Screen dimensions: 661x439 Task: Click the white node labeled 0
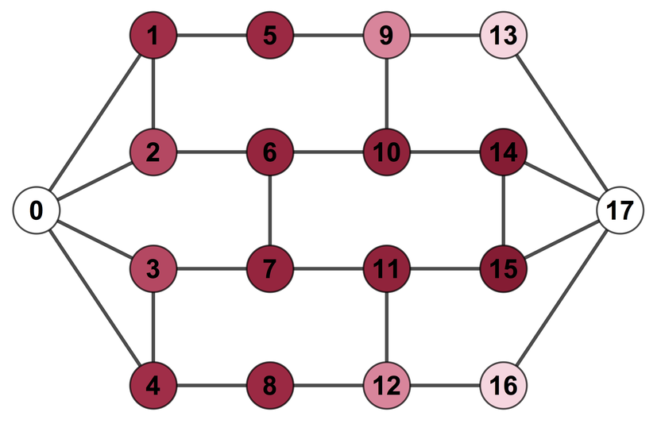coord(37,210)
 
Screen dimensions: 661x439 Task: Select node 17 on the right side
coord(620,210)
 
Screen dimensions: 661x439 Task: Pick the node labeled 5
coord(270,36)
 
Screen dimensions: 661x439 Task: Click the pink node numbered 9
coord(387,36)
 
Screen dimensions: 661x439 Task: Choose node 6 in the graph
coord(270,152)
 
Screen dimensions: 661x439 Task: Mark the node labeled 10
coord(387,152)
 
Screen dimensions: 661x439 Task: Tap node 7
coord(270,268)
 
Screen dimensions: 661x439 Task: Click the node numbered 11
coord(387,268)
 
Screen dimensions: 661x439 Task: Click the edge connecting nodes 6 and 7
coord(270,210)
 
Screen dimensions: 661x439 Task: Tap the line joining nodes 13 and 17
coord(562,123)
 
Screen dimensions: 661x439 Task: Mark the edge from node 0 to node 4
coord(95,298)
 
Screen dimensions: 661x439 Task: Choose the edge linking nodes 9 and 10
coord(387,94)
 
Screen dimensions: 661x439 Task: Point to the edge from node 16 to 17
coord(562,298)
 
